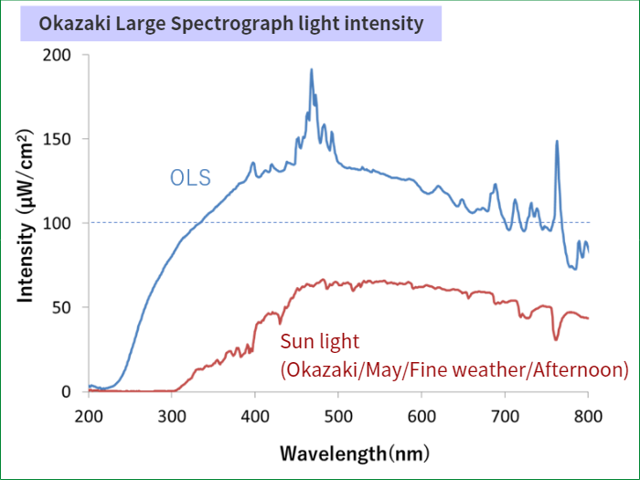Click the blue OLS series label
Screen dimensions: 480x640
[190, 177]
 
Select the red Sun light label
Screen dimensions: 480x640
[320, 342]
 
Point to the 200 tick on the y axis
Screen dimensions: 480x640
[57, 55]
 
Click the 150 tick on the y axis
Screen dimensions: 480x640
[57, 139]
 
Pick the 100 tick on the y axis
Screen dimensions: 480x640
[57, 223]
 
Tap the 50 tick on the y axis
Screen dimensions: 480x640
[61, 307]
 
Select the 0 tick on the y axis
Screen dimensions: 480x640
[66, 391]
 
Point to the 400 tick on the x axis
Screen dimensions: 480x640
[255, 414]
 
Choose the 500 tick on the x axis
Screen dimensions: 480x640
[338, 414]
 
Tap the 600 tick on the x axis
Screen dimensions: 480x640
[421, 414]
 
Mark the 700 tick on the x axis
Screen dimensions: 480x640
[505, 414]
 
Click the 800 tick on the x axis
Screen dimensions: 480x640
[588, 414]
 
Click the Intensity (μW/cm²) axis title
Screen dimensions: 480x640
[27, 223]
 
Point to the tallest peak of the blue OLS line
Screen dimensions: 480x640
[312, 69]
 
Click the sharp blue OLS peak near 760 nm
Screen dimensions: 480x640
[557, 142]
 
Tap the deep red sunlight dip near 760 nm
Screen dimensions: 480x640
[556, 339]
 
